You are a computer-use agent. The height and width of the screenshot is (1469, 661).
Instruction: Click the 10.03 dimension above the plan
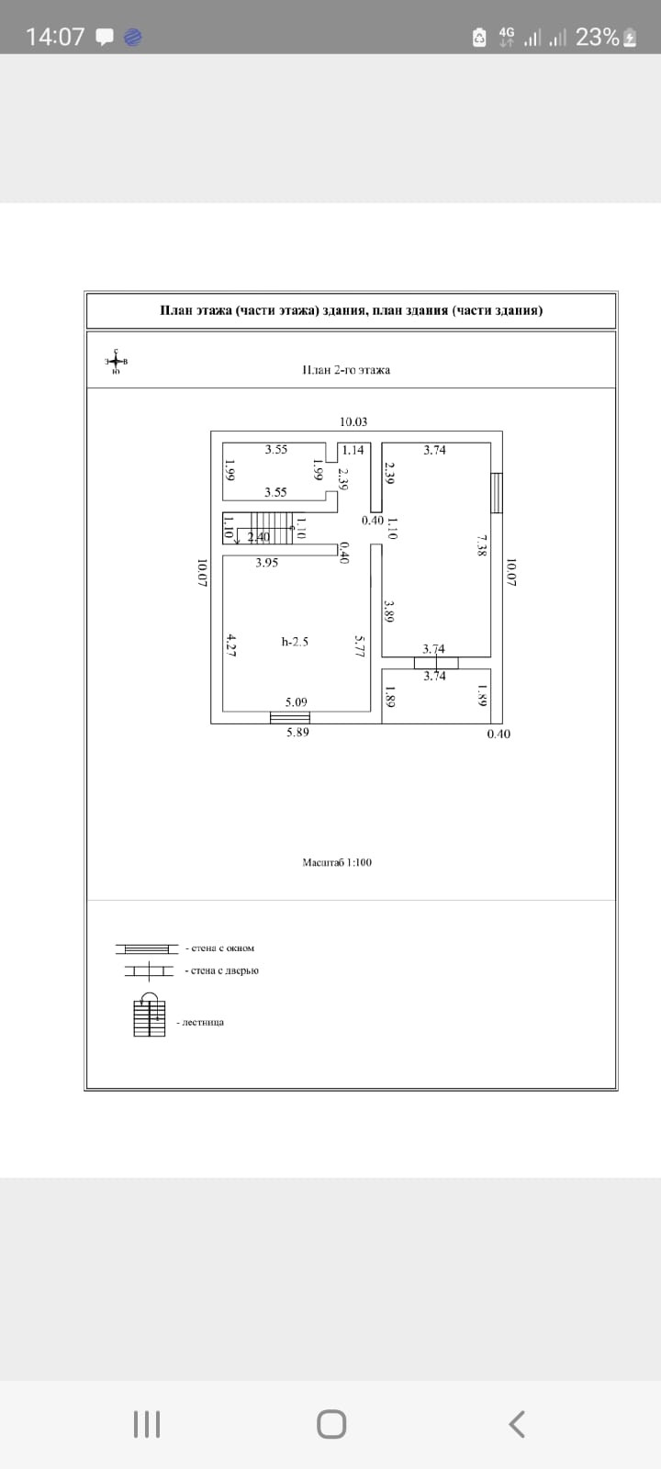click(353, 422)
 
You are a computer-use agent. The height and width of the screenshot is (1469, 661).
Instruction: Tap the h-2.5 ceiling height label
click(295, 642)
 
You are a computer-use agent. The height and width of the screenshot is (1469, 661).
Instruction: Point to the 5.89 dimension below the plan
click(297, 734)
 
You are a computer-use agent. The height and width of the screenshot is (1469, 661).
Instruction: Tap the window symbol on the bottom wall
click(290, 718)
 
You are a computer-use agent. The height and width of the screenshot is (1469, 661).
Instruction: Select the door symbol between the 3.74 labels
click(435, 662)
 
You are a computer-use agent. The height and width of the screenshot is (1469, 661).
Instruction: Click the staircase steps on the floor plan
click(271, 528)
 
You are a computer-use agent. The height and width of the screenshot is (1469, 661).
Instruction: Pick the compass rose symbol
click(116, 361)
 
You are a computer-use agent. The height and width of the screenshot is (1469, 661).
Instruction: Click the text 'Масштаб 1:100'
click(337, 863)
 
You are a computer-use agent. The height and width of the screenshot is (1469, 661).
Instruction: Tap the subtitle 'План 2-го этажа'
click(346, 370)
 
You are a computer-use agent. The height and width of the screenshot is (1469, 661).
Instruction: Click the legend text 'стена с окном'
click(219, 948)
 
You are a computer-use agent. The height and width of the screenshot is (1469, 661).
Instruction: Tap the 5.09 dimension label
click(296, 703)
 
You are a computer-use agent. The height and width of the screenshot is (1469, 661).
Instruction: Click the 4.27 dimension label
click(230, 644)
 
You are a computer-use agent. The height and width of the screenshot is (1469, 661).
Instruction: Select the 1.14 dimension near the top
click(353, 450)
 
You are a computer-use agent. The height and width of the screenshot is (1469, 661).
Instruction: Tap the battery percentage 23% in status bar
click(597, 37)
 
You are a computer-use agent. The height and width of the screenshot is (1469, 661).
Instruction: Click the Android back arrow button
click(517, 1424)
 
